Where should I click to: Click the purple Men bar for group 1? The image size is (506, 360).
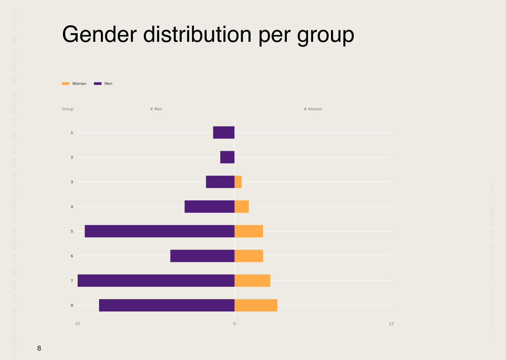(x=223, y=133)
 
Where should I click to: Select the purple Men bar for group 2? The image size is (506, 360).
(x=227, y=157)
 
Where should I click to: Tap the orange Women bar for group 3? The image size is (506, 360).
(x=238, y=182)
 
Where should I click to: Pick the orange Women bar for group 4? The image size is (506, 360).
(x=242, y=206)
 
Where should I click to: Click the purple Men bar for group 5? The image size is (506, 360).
(x=160, y=231)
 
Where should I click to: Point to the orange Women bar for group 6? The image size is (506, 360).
(x=249, y=256)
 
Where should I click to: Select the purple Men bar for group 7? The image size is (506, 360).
(x=156, y=281)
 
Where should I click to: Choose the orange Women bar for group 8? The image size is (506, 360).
(x=256, y=305)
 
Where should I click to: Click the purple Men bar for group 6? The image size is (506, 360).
(x=202, y=256)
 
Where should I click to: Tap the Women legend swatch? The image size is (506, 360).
(x=66, y=84)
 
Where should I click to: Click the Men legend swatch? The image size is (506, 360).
(x=98, y=84)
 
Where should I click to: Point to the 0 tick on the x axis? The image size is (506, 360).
(x=234, y=324)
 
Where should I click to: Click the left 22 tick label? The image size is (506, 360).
(x=77, y=324)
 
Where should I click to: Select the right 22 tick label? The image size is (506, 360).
(x=391, y=324)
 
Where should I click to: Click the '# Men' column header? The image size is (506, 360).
(x=156, y=109)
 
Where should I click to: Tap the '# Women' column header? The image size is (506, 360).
(x=313, y=109)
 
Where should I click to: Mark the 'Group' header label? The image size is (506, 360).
(x=67, y=109)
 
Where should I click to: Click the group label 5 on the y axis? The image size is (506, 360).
(x=72, y=231)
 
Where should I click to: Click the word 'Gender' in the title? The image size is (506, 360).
(x=99, y=34)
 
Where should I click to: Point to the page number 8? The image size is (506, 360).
(x=39, y=348)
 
